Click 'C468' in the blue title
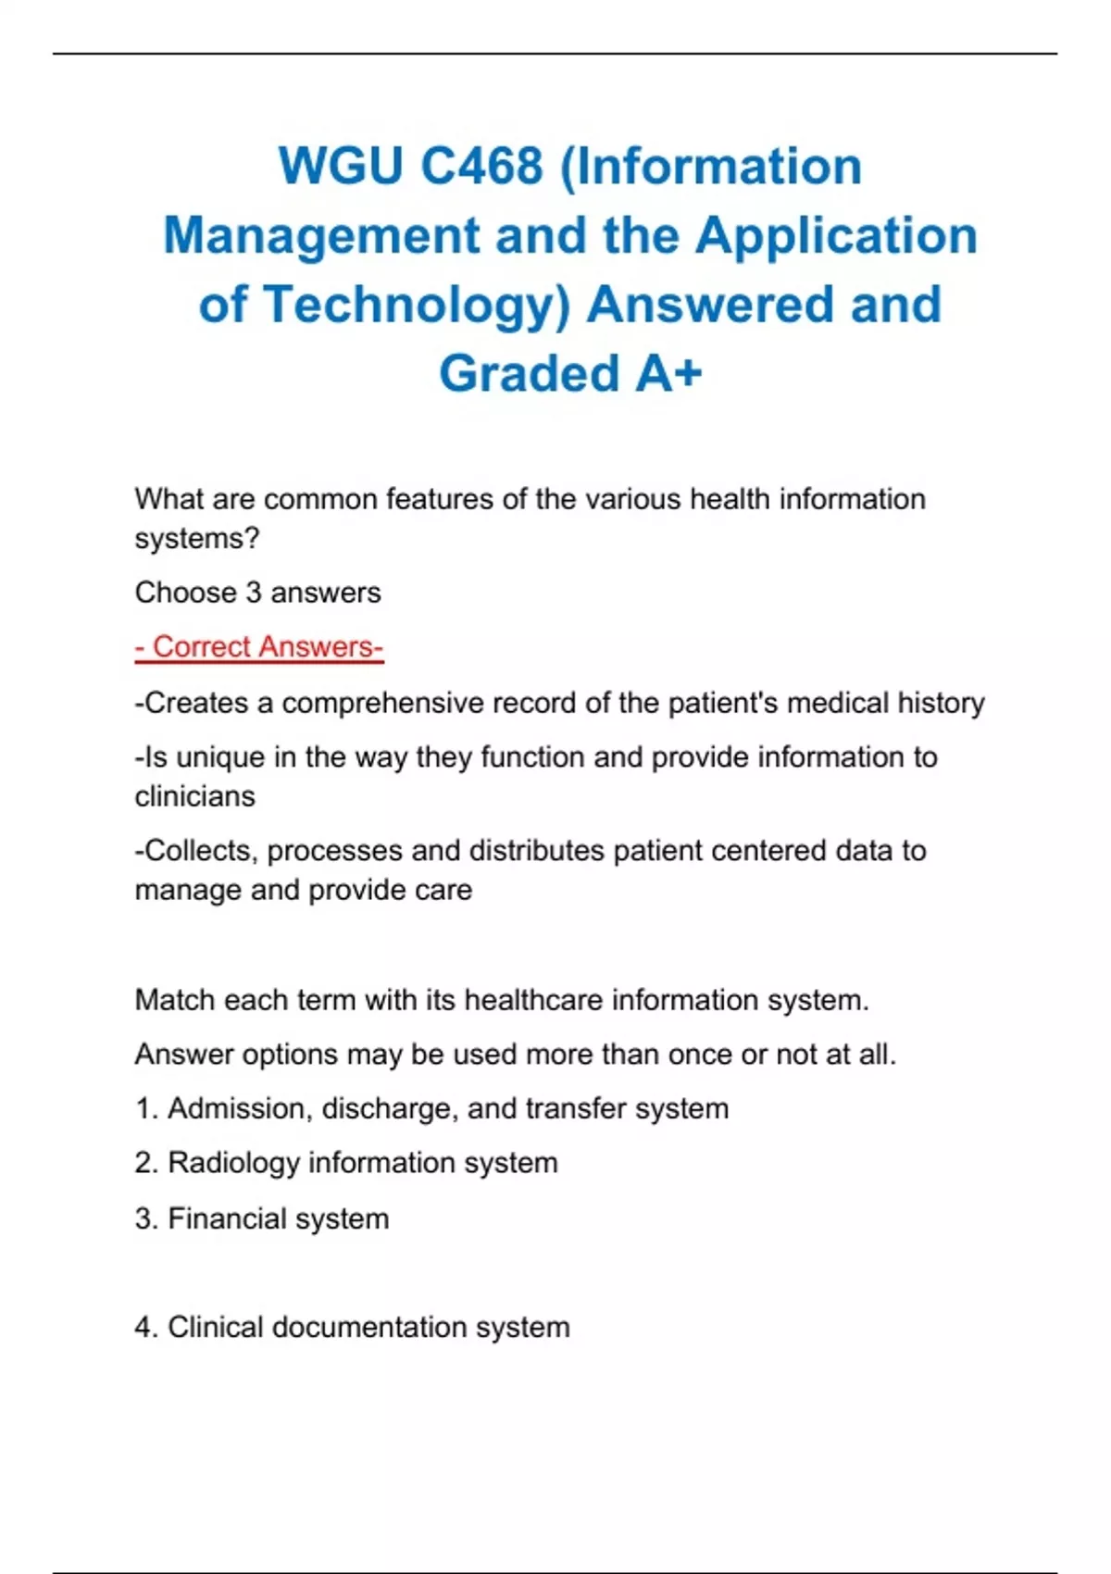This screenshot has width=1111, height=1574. pos(481,167)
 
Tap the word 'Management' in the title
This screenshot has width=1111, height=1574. pos(321,236)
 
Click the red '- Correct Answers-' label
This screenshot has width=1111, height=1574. pos(259,647)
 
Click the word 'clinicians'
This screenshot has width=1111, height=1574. pos(194,796)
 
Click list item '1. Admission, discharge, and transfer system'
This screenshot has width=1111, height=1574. pos(431,1109)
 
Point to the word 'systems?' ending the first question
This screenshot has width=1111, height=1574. pos(197,539)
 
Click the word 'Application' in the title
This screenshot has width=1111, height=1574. pos(836,236)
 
